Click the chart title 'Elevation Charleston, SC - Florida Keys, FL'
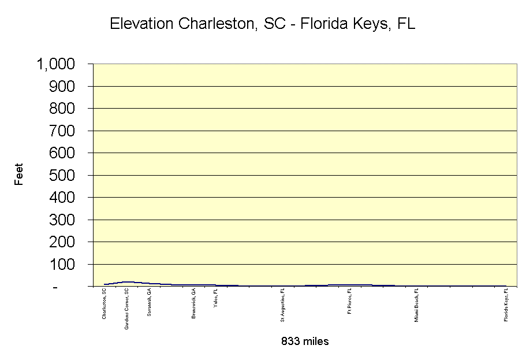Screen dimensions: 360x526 tap(262, 25)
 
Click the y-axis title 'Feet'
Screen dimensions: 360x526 tap(19, 175)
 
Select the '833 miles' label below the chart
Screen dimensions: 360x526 tap(305, 342)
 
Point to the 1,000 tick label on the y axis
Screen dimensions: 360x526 tap(56, 64)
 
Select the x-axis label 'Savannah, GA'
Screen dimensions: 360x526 tap(149, 302)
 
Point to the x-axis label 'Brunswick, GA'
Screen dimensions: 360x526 tap(193, 303)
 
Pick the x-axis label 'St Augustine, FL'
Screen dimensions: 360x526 tap(283, 306)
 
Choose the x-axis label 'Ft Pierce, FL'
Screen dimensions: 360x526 tap(349, 302)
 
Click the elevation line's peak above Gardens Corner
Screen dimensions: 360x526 tap(126, 282)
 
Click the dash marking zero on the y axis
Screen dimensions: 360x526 tap(56, 287)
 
